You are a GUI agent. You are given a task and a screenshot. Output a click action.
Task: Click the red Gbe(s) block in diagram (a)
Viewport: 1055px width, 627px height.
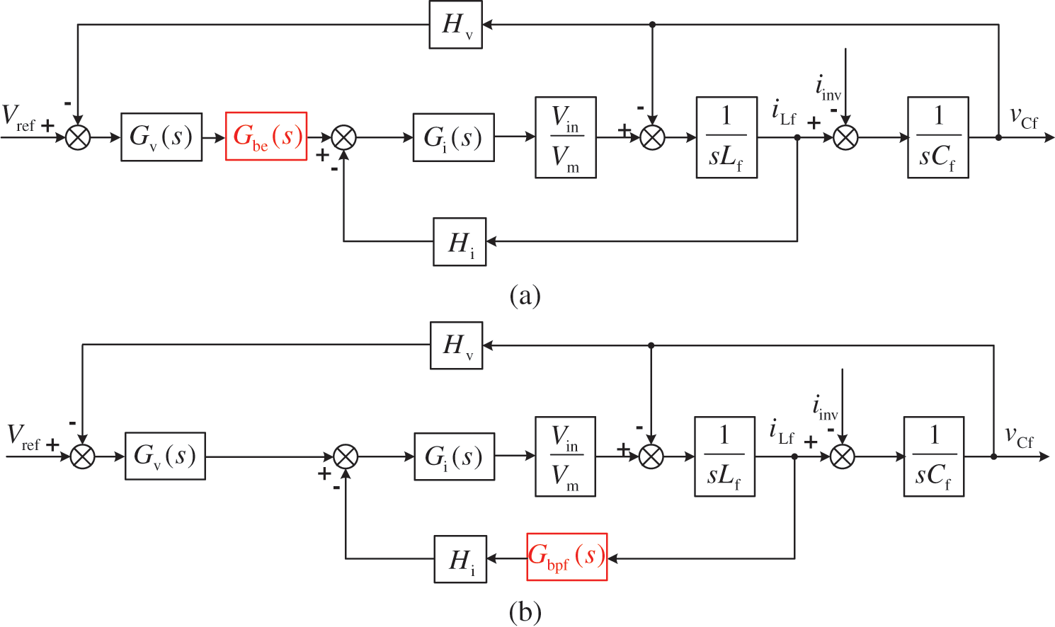(266, 137)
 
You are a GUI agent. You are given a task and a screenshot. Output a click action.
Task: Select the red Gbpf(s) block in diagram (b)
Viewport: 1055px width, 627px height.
(567, 557)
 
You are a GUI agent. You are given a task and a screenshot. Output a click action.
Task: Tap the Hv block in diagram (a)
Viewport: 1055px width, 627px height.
(455, 25)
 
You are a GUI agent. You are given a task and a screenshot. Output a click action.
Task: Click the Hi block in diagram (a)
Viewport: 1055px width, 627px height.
(460, 242)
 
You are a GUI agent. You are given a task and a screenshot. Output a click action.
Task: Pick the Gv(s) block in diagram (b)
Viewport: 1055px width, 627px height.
(165, 456)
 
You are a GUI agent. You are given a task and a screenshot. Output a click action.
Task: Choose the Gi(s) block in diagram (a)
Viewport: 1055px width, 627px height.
(453, 137)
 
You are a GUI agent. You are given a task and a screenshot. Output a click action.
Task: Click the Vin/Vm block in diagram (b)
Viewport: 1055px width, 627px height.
(565, 456)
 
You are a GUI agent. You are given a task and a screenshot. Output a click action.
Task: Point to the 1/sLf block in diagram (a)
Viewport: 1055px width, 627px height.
(726, 137)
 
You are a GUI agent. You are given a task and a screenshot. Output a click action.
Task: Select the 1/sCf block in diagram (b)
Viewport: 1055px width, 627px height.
(933, 456)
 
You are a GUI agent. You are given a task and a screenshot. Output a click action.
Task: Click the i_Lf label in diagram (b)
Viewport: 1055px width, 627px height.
(782, 432)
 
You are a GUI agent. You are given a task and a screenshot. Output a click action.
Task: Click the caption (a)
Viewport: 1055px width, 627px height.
(525, 294)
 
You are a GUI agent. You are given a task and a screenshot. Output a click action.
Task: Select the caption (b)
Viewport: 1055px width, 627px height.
(525, 611)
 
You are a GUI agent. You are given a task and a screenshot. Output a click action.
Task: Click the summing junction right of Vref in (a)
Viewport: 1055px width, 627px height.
(78, 137)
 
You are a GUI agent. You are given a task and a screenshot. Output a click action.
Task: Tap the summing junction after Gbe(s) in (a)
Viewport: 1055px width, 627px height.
(344, 137)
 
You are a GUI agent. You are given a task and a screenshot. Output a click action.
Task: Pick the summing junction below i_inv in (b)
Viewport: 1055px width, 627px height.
(842, 456)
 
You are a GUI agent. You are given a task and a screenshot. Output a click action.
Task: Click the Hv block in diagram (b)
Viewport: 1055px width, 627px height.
(456, 346)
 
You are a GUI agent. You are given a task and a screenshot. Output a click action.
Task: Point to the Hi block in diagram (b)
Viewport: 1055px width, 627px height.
(460, 559)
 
